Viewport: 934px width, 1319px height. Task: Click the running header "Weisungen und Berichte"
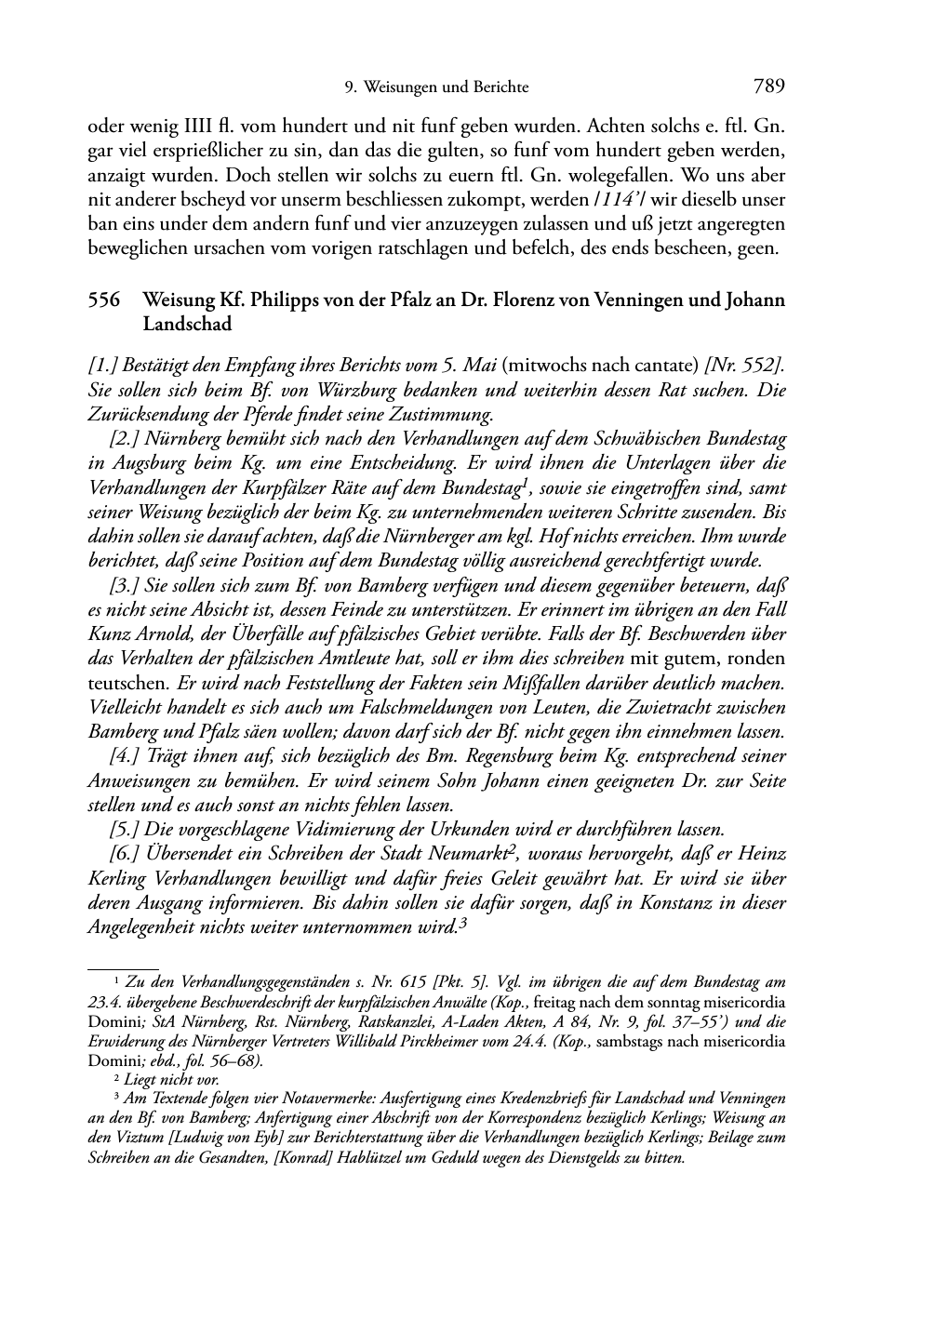click(446, 87)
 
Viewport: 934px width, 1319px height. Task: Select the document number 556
click(104, 300)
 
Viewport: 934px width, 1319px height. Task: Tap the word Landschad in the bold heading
click(187, 325)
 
